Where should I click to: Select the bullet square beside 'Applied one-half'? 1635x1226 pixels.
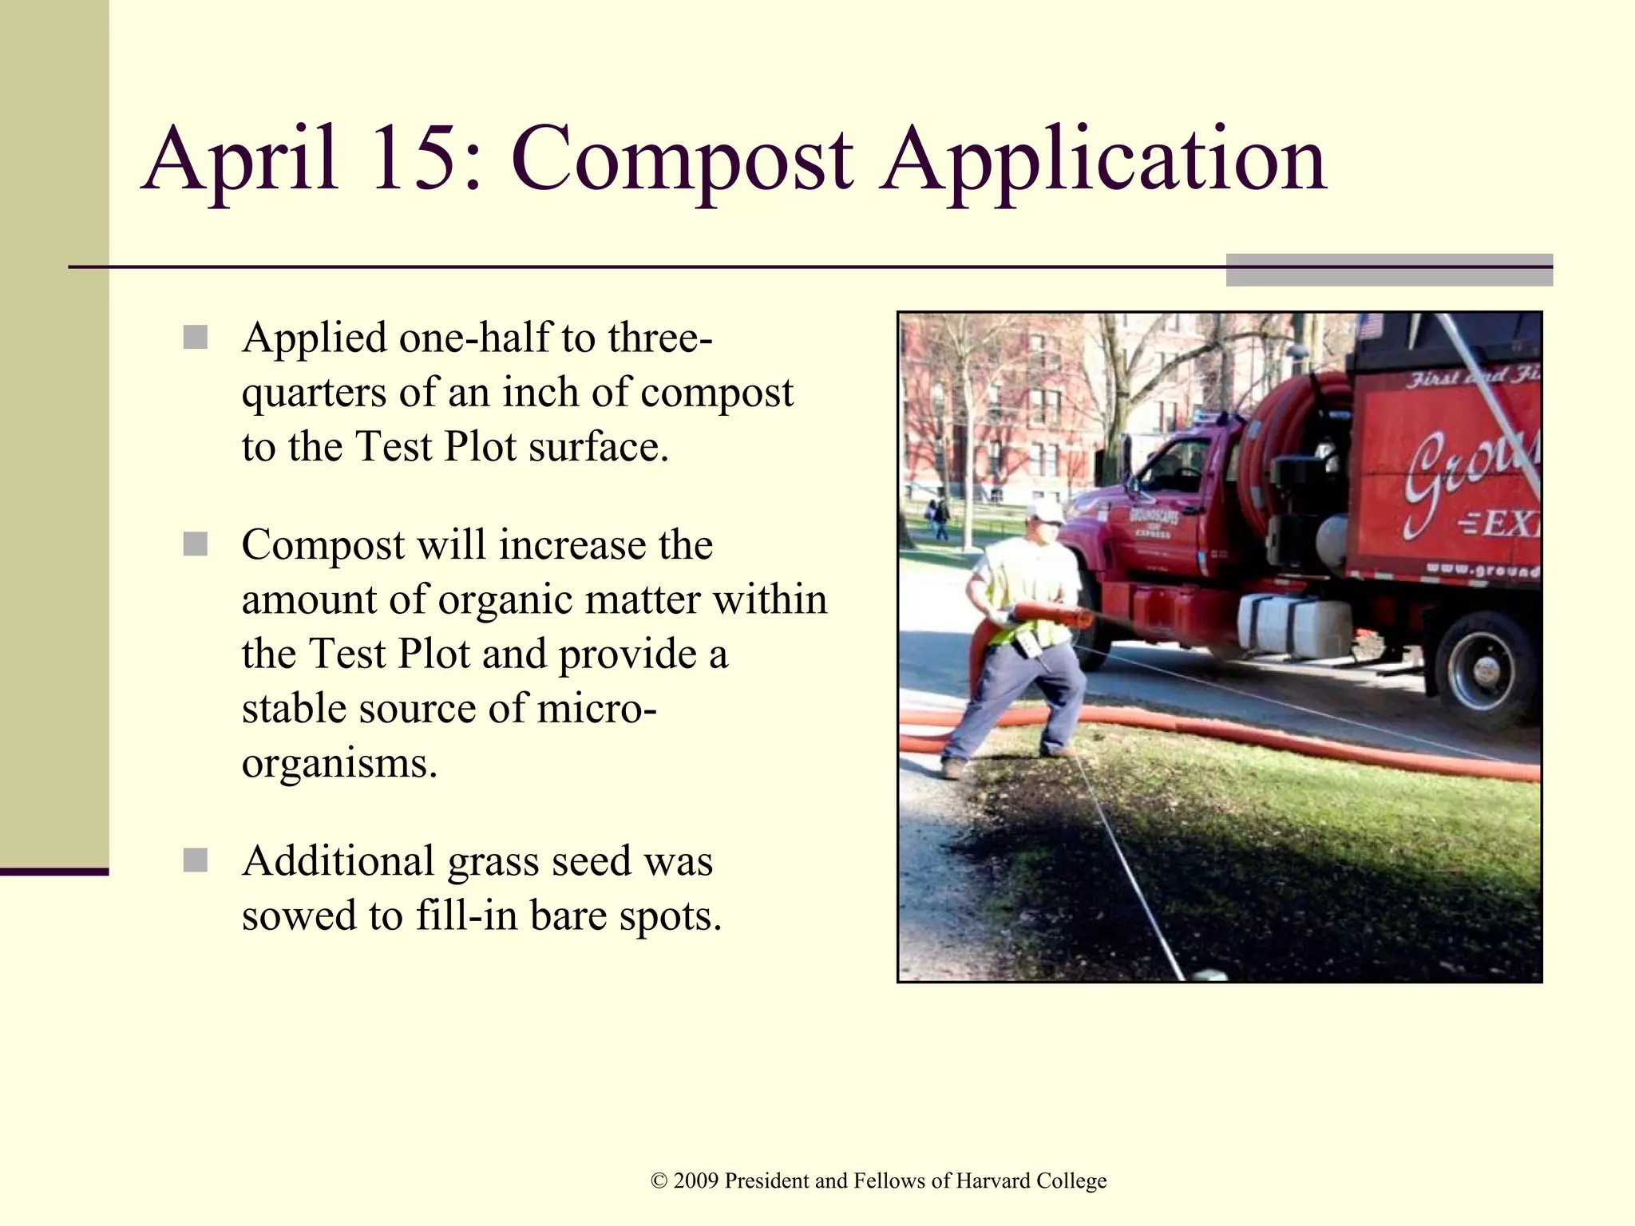pyautogui.click(x=195, y=337)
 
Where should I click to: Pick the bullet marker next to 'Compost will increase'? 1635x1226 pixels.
pyautogui.click(x=195, y=544)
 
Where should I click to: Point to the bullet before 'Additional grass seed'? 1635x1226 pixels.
pyautogui.click(x=195, y=860)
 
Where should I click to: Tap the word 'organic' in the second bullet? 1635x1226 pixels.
pyautogui.click(x=506, y=600)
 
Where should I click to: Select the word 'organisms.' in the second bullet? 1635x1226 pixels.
pyautogui.click(x=339, y=763)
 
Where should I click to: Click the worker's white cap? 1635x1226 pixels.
pyautogui.click(x=1046, y=512)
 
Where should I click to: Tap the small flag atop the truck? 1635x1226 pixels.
pyautogui.click(x=1368, y=325)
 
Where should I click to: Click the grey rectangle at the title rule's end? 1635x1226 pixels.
pyautogui.click(x=1389, y=270)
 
